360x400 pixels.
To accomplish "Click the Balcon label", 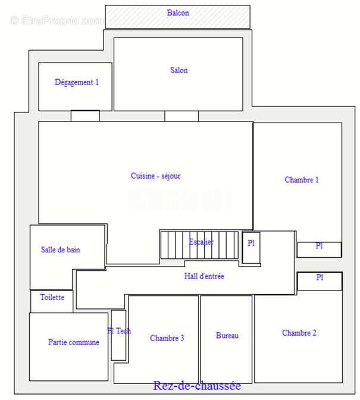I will pyautogui.click(x=178, y=12).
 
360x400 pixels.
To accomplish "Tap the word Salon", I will pyautogui.click(x=179, y=70).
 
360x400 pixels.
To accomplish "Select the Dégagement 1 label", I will pyautogui.click(x=77, y=83).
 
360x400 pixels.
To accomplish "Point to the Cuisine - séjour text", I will pyautogui.click(x=156, y=176).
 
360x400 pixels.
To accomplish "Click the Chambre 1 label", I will pyautogui.click(x=302, y=180).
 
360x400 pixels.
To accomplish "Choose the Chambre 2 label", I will pyautogui.click(x=299, y=333).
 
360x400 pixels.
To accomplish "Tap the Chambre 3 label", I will pyautogui.click(x=167, y=338).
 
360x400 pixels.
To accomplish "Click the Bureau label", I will pyautogui.click(x=227, y=336).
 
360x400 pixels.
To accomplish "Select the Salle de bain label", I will pyautogui.click(x=61, y=250).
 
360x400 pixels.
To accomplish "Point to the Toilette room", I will pyautogui.click(x=52, y=297).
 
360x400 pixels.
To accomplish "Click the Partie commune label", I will pyautogui.click(x=74, y=342).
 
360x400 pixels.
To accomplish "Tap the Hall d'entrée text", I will pyautogui.click(x=204, y=276).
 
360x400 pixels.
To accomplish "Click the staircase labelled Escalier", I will pyautogui.click(x=200, y=244).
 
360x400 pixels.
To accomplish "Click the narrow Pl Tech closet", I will pyautogui.click(x=118, y=335).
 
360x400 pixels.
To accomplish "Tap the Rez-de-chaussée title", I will pyautogui.click(x=197, y=386).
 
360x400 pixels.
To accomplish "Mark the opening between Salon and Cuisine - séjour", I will pyautogui.click(x=181, y=116).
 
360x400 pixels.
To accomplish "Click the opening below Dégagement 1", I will pyautogui.click(x=85, y=115).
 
